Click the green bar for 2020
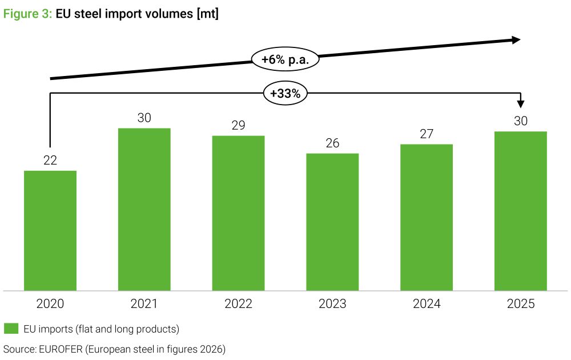(50, 231)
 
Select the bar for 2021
(144, 210)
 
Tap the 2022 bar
(239, 213)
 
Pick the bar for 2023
(332, 222)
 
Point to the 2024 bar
(427, 218)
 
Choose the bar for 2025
(521, 211)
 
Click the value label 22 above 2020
(50, 161)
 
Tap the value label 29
(239, 125)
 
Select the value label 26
(332, 143)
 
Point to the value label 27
(427, 134)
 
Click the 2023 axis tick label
(332, 303)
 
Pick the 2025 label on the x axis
(521, 303)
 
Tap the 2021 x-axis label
(144, 303)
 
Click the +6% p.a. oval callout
(285, 59)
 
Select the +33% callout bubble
(285, 93)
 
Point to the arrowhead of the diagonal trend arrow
(516, 40)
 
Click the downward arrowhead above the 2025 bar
(521, 104)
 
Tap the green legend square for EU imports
(11, 329)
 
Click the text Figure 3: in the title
(27, 14)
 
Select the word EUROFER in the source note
(61, 349)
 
